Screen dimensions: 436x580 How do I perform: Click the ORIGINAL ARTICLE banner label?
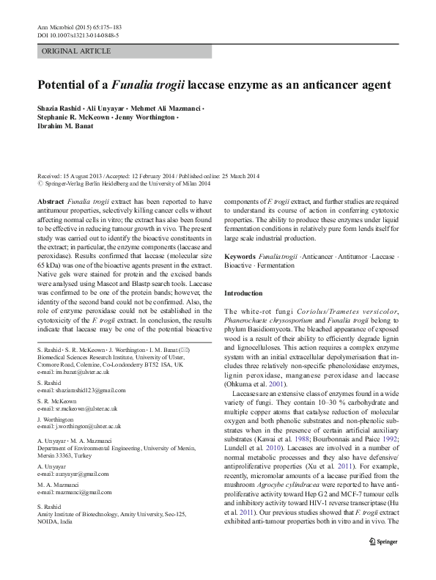(77, 51)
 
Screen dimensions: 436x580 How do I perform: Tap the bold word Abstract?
(50, 201)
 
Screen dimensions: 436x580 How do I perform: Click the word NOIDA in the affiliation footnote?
(47, 544)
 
